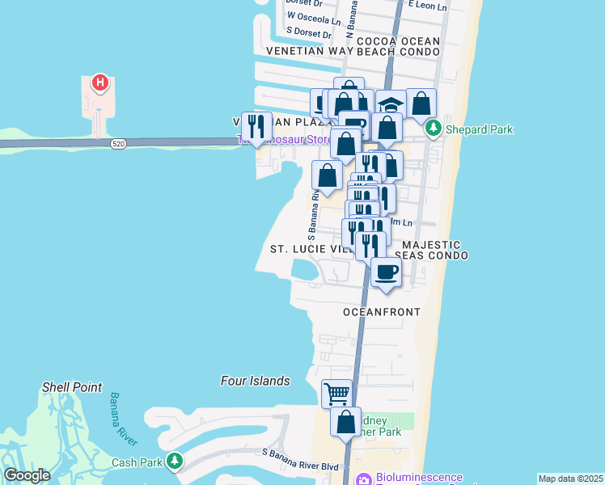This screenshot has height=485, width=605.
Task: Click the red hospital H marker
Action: (99, 82)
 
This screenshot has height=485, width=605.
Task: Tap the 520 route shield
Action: (119, 144)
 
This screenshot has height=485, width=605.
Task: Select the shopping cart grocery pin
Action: (336, 394)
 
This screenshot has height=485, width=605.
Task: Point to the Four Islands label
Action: (255, 381)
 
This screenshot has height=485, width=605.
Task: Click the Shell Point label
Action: (72, 387)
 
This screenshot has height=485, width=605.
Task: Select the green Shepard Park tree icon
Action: (434, 129)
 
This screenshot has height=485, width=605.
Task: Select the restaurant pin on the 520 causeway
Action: (256, 127)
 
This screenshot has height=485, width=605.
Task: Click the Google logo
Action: (27, 475)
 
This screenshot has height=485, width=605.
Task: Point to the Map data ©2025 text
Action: (570, 479)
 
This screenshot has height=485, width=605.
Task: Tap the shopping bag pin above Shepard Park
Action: (421, 103)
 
